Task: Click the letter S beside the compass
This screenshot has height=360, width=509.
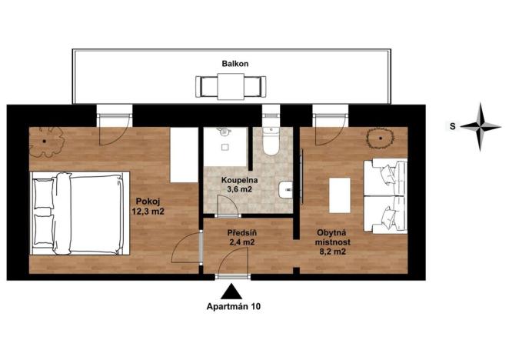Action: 453,125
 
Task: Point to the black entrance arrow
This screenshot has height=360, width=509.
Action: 229,292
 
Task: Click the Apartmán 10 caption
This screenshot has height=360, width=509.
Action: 234,306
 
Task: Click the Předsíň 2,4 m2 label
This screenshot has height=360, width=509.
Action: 242,236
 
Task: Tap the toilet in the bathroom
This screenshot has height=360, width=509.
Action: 270,138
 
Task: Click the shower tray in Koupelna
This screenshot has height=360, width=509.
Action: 225,148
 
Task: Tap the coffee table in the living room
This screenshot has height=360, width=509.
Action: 339,195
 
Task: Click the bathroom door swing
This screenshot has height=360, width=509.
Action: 227,206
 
